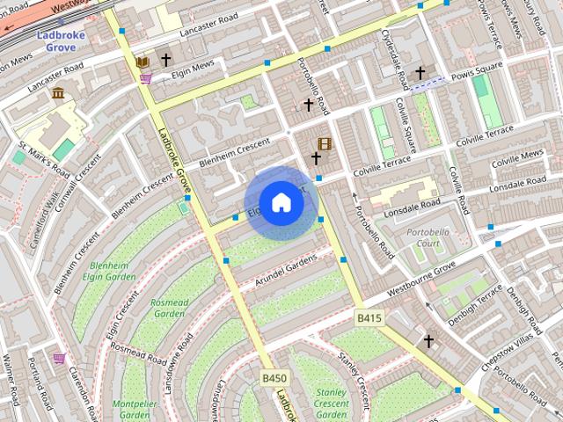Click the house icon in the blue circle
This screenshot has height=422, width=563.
coord(281,202)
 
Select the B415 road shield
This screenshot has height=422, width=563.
coord(369,317)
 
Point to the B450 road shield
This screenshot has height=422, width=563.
coord(274,378)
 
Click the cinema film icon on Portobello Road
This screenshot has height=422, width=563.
coord(325,143)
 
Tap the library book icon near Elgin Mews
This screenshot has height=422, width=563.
coord(143,62)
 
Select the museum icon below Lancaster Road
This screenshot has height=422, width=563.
coord(58,93)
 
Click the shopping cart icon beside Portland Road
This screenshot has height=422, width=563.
coord(59,359)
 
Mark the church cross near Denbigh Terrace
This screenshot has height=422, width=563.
coord(428,340)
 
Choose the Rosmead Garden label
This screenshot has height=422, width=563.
coord(170,308)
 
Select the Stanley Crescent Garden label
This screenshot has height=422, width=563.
coord(332,402)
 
